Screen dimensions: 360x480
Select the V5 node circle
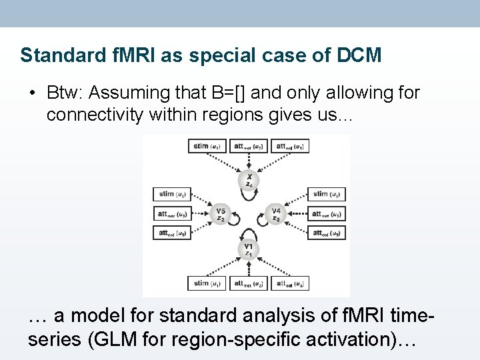[220, 215]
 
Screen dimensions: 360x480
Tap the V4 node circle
[276, 215]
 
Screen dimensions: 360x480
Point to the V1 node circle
[248, 249]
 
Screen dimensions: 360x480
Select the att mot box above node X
[249, 146]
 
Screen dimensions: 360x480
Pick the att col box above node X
[289, 146]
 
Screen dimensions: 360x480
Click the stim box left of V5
[172, 195]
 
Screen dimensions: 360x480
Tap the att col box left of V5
[172, 233]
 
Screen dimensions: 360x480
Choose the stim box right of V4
[326, 195]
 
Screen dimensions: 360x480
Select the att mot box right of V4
[326, 214]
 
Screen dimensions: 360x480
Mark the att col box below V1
[289, 284]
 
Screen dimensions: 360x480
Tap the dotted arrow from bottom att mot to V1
[248, 267]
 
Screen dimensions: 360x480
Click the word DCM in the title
[360, 55]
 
